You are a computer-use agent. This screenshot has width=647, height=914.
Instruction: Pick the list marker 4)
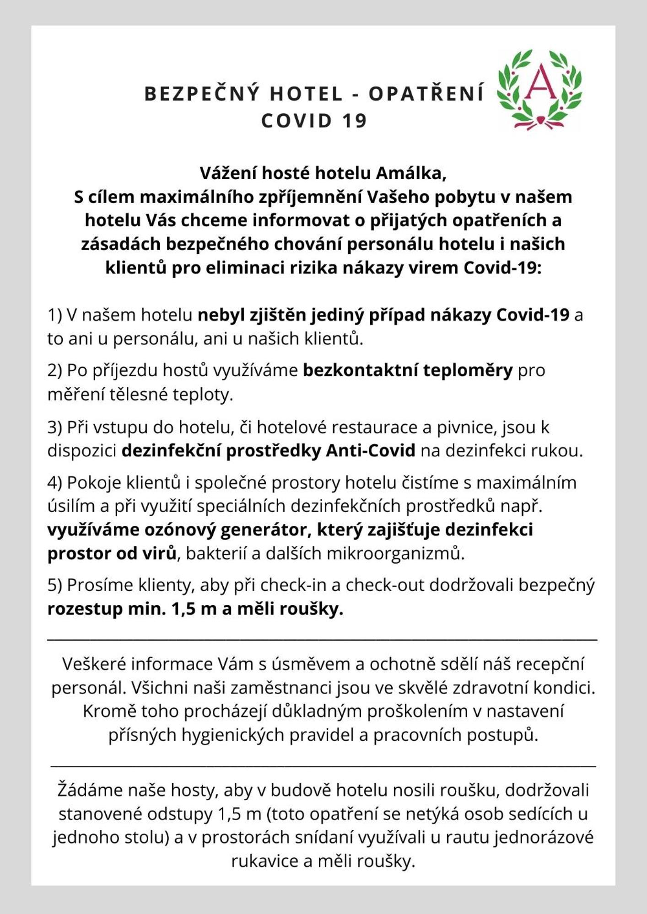(55, 482)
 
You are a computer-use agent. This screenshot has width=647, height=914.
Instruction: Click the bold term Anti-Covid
(371, 451)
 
